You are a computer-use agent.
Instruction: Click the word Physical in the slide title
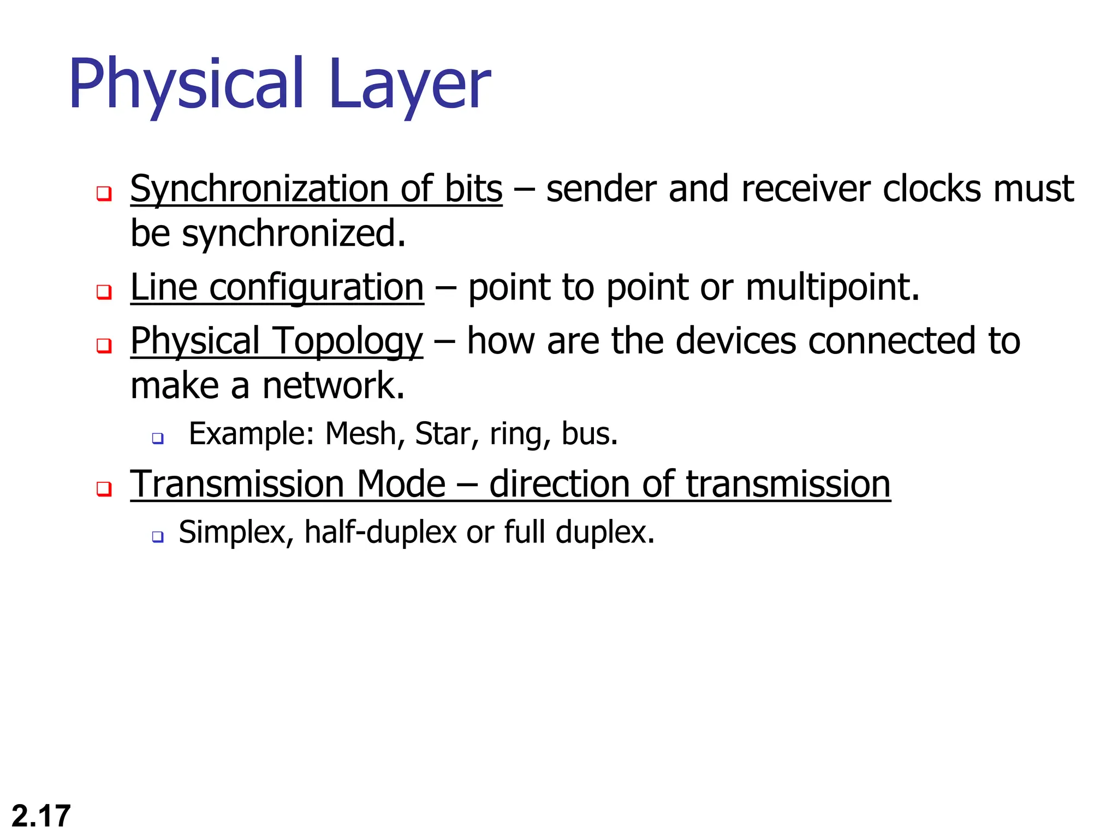tap(186, 85)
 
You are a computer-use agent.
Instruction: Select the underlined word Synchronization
tap(259, 189)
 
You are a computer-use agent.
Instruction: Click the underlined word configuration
tap(317, 288)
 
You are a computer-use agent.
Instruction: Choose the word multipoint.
tap(832, 288)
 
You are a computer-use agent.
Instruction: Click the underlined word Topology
tap(348, 341)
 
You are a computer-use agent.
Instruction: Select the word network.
tap(333, 386)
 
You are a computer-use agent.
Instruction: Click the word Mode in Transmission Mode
tap(401, 485)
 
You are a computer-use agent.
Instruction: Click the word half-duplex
tap(380, 533)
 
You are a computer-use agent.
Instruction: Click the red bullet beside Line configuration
tap(104, 291)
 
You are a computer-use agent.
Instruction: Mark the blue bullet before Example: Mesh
tap(158, 438)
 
